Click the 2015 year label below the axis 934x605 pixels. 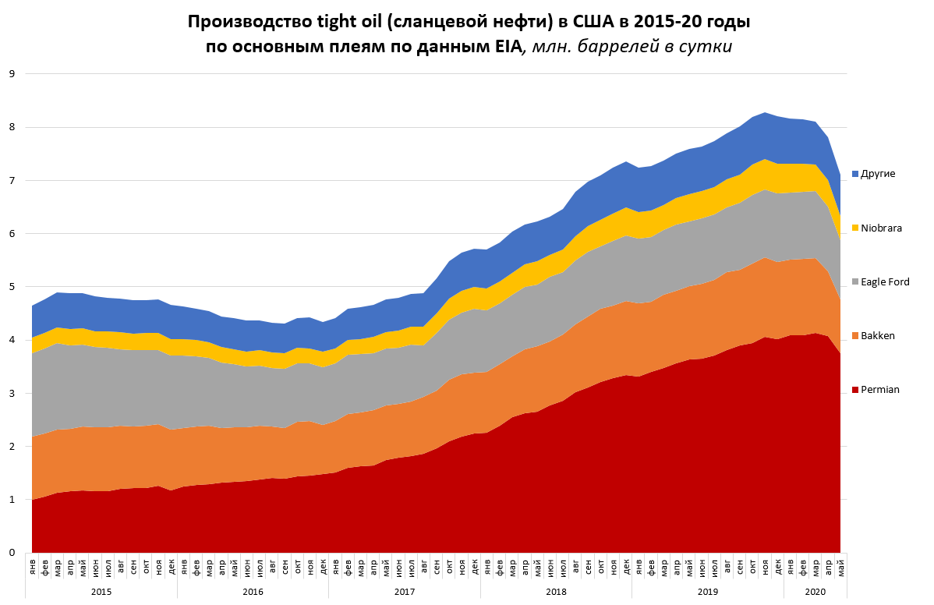(101, 593)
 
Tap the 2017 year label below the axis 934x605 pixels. (404, 593)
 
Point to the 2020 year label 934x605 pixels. (815, 593)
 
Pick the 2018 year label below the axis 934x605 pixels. (556, 593)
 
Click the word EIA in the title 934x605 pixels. (504, 46)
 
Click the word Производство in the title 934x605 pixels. (238, 21)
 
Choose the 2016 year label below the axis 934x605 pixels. (253, 593)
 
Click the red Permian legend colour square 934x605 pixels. (856, 389)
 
